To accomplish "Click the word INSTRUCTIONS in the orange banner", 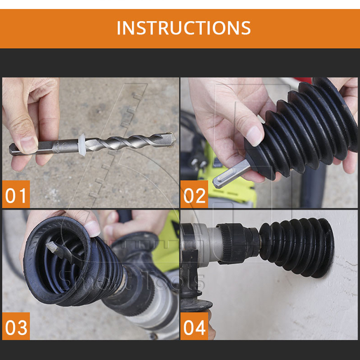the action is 184,28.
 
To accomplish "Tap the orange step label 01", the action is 16,194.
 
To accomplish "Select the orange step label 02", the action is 194,194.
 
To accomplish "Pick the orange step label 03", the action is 16,326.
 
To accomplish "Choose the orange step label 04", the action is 194,326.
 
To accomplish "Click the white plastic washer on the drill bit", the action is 82,145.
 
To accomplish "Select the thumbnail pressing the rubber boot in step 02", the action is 255,135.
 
